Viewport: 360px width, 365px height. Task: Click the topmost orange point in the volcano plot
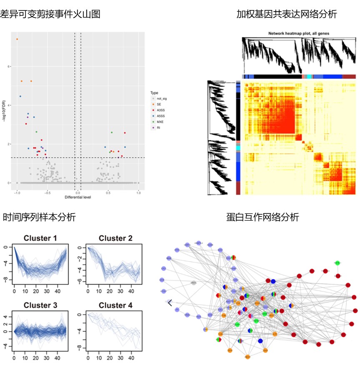pos(17,39)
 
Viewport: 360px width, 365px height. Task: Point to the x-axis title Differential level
pos(78,197)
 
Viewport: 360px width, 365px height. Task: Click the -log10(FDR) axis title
pos(3,110)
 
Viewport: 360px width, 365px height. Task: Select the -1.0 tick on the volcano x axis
pos(17,193)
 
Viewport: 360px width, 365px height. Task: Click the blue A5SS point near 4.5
pos(20,96)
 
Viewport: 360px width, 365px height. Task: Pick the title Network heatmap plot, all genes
pos(299,33)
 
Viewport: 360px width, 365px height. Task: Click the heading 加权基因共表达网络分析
pos(286,14)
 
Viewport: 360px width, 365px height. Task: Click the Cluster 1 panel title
pos(40,238)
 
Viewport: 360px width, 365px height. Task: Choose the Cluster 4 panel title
pos(115,305)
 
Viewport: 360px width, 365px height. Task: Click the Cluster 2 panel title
pos(115,238)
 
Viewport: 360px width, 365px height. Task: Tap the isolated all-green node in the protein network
pos(337,263)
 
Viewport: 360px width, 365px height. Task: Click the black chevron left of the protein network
pos(170,303)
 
